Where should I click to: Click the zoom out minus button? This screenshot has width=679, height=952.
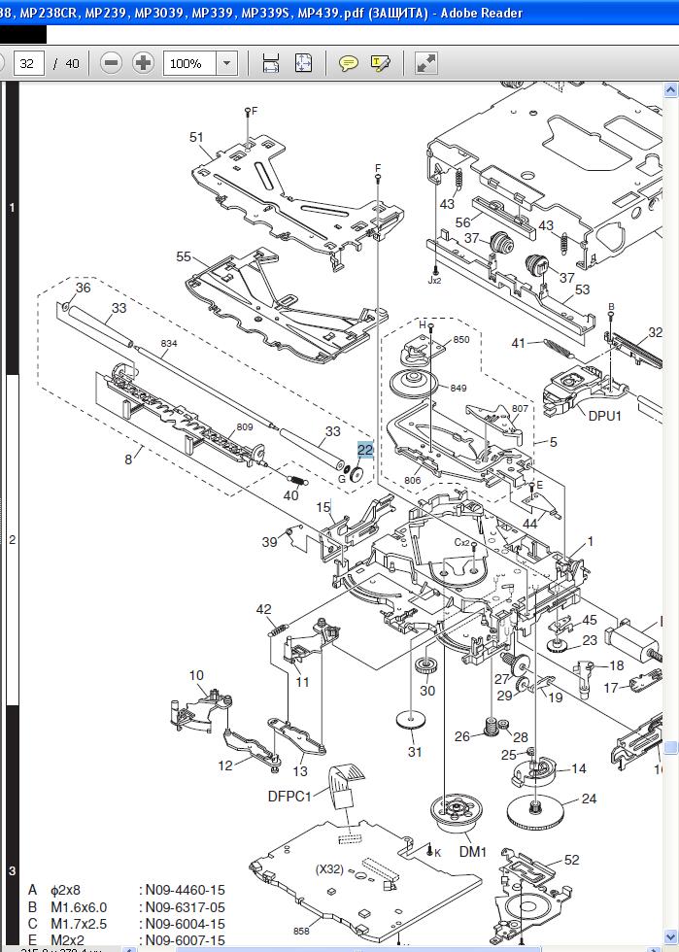coord(112,63)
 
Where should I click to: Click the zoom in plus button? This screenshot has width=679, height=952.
coord(143,63)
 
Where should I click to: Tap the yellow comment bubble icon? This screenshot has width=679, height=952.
coord(348,63)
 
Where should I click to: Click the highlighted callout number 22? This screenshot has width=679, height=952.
coord(365,450)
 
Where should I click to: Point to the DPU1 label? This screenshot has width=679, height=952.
coord(606,415)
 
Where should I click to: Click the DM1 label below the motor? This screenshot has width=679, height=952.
coord(473,852)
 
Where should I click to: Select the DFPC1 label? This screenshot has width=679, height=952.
coord(289,797)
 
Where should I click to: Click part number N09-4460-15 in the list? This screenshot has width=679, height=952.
coord(186,890)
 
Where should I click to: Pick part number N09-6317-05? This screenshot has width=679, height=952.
coord(186,907)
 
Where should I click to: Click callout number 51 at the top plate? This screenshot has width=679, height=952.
coord(197,137)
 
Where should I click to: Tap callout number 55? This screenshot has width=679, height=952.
coord(184,256)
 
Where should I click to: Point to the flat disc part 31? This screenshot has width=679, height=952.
coord(414,722)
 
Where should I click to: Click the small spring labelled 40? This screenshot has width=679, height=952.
coord(295,478)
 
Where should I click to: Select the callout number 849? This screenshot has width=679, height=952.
coord(458,388)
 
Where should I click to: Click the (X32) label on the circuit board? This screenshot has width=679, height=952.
coord(329,868)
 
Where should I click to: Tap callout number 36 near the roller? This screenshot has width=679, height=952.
coord(83,288)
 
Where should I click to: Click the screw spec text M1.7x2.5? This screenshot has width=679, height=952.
coord(78,924)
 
